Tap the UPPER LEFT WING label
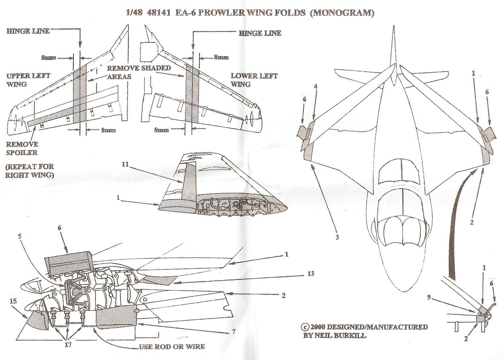tap(28, 80)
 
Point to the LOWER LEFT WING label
tap(254, 80)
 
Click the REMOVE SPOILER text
tap(22, 148)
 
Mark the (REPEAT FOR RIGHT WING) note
tap(29, 170)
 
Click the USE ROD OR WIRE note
tap(171, 346)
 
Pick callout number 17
tap(68, 344)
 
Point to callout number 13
tap(310, 274)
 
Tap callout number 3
tap(337, 237)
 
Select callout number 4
tap(316, 86)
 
